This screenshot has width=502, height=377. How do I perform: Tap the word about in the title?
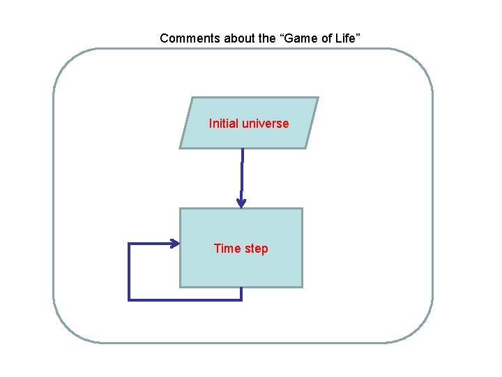click(239, 38)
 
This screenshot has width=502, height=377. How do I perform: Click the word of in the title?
click(326, 38)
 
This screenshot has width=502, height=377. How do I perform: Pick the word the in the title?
click(267, 38)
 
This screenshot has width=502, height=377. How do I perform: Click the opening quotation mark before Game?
click(282, 37)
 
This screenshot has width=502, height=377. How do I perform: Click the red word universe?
click(265, 124)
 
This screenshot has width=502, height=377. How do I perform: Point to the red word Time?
click(227, 249)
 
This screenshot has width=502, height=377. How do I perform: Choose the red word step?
click(255, 249)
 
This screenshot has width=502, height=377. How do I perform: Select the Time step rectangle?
click(241, 269)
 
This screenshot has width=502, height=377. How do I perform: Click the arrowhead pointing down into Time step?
click(241, 203)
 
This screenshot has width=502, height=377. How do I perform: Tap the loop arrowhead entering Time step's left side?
click(175, 243)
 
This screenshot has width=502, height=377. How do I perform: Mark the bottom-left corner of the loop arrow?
click(129, 300)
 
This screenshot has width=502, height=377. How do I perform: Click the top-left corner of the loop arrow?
click(129, 244)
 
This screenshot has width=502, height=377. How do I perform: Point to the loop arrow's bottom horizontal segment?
click(185, 300)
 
